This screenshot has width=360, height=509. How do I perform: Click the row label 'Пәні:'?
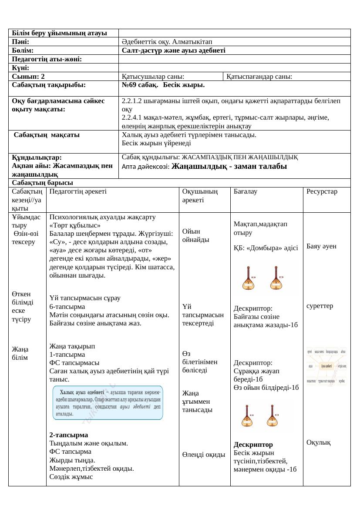20,42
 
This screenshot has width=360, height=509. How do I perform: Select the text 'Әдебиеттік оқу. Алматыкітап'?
167,42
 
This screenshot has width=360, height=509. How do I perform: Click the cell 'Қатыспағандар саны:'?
259,77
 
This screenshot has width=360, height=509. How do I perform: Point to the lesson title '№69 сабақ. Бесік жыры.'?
163,84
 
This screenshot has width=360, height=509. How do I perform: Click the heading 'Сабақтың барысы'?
42,183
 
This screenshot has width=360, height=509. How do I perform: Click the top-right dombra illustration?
277,278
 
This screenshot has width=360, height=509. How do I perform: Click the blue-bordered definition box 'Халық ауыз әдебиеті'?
108,402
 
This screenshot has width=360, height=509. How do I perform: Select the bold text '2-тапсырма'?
69,435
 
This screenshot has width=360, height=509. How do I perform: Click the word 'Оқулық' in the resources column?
319,442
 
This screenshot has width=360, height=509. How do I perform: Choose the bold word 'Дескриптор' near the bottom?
253,445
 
